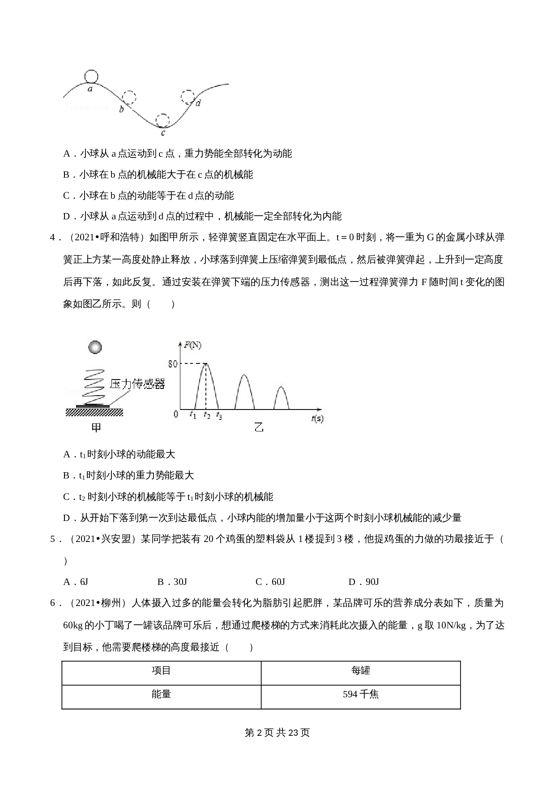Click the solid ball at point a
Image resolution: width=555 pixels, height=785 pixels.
[x=91, y=77]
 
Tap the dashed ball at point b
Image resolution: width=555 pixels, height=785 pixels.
[x=129, y=98]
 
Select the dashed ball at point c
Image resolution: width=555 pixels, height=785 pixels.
[x=163, y=120]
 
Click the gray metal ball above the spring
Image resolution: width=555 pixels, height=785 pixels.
[x=95, y=347]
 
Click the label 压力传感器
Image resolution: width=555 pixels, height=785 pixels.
[x=137, y=384]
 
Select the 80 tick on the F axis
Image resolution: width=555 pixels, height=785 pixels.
[x=173, y=364]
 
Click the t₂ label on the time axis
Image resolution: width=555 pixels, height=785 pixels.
[x=206, y=415]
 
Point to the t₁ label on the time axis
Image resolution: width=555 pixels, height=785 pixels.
[x=193, y=415]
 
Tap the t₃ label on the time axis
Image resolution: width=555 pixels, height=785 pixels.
[x=219, y=415]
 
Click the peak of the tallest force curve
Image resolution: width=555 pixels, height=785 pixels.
[x=205, y=363]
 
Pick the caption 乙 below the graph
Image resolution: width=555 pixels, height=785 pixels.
[x=259, y=427]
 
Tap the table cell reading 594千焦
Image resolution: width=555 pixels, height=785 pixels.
[x=361, y=694]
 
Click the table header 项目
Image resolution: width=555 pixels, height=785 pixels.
[x=161, y=670]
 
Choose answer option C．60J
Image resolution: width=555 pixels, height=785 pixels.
[x=270, y=582]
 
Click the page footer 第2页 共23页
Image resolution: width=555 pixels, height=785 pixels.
[x=277, y=733]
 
